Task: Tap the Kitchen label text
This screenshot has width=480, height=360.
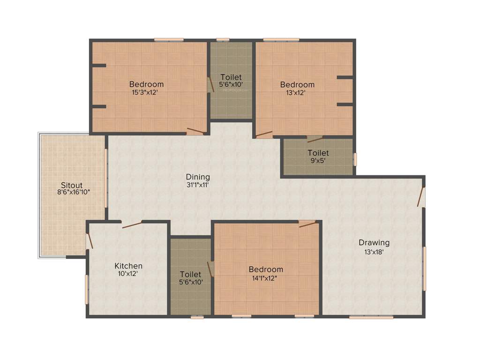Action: tap(128, 266)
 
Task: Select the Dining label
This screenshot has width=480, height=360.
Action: tap(198, 177)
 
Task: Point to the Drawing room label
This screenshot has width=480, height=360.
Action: tap(374, 242)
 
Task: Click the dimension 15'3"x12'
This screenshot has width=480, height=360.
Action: tap(147, 92)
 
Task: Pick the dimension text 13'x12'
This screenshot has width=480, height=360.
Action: tap(297, 92)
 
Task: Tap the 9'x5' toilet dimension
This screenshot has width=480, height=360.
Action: tap(318, 160)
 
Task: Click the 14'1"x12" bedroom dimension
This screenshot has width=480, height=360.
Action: tap(266, 277)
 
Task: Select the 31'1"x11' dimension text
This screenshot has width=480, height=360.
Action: tap(198, 185)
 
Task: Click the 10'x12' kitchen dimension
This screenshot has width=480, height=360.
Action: tap(128, 274)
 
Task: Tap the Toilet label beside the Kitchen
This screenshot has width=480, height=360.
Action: tap(190, 274)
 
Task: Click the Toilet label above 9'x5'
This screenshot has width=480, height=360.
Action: tap(318, 153)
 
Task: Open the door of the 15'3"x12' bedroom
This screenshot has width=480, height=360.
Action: tap(195, 131)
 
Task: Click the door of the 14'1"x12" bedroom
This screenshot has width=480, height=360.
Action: tap(307, 224)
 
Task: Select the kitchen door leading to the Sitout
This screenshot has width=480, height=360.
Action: tap(89, 240)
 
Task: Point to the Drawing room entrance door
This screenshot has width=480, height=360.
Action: tap(421, 197)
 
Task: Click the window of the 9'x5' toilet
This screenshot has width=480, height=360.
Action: tap(355, 159)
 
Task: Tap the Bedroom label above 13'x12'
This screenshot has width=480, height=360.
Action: tap(297, 84)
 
